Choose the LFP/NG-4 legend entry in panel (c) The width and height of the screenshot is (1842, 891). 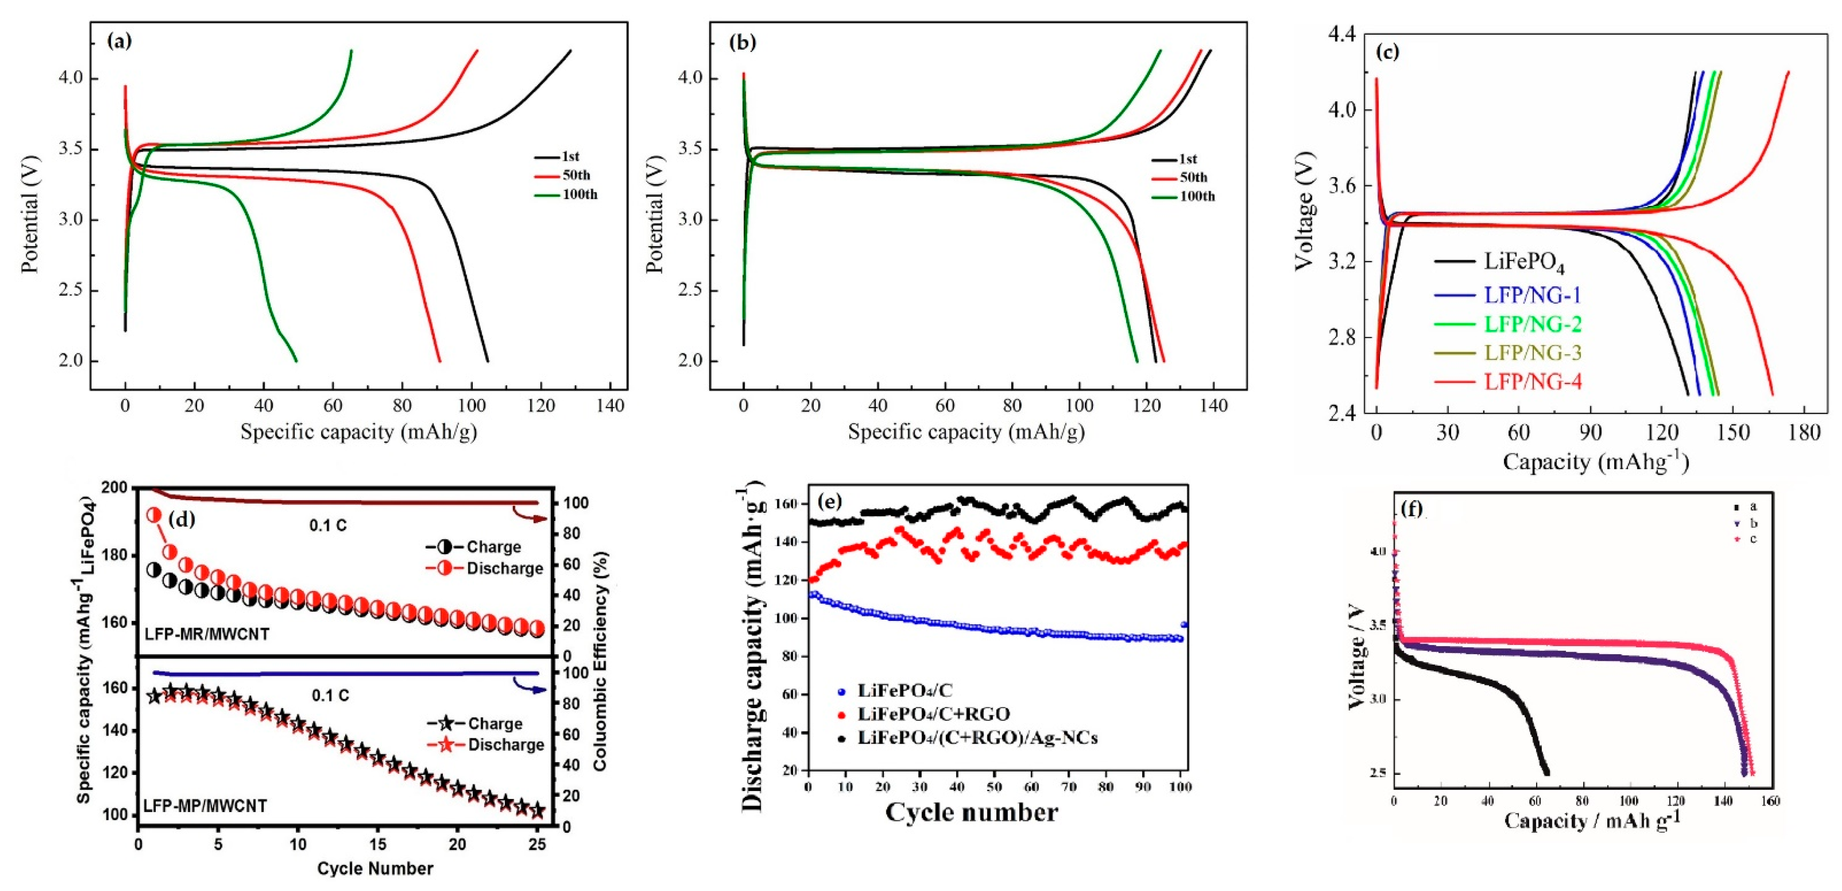[x=1532, y=382]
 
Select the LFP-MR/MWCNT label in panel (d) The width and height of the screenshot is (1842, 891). [x=207, y=634]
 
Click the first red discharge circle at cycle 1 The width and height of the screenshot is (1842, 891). [x=154, y=515]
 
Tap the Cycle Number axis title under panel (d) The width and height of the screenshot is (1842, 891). [x=375, y=868]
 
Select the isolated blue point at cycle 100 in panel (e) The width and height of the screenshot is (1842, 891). [x=1184, y=624]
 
